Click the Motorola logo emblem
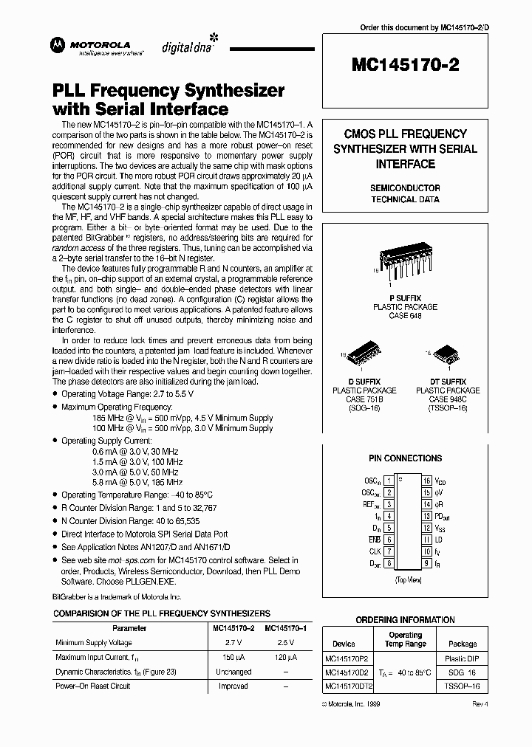56,45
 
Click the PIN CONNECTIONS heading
405,458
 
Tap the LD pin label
438,540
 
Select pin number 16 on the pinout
426,481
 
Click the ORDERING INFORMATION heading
405,620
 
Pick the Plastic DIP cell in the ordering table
463,659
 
